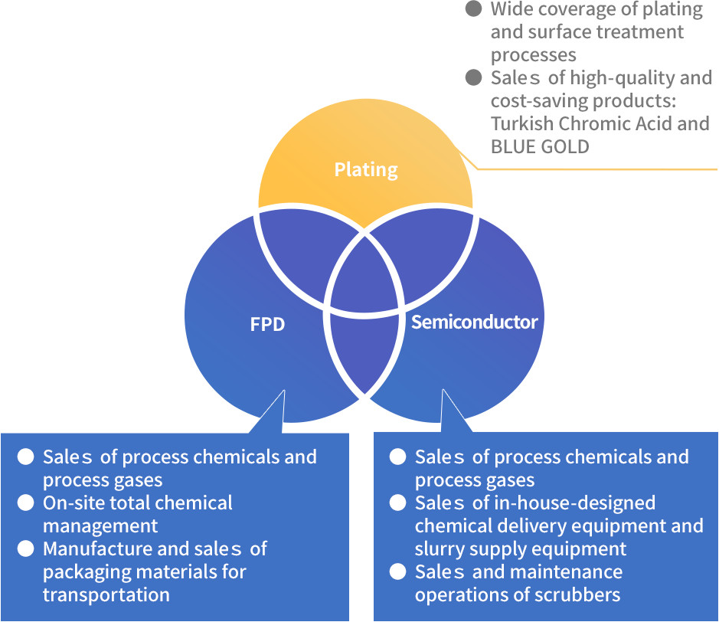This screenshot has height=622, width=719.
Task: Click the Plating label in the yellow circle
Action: (366, 169)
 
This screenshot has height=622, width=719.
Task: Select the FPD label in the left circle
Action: (267, 324)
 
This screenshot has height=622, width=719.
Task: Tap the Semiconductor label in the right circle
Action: (474, 322)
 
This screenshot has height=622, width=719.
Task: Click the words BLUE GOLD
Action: (540, 146)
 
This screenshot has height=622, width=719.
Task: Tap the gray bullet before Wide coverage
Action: (475, 9)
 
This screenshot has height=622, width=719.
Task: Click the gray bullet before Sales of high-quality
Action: (475, 77)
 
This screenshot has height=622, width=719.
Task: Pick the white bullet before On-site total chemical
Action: (26, 503)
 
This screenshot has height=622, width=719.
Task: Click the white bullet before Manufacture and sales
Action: (26, 549)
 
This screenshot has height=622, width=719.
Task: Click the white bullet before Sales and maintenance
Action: (398, 572)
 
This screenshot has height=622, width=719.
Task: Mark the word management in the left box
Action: (100, 526)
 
